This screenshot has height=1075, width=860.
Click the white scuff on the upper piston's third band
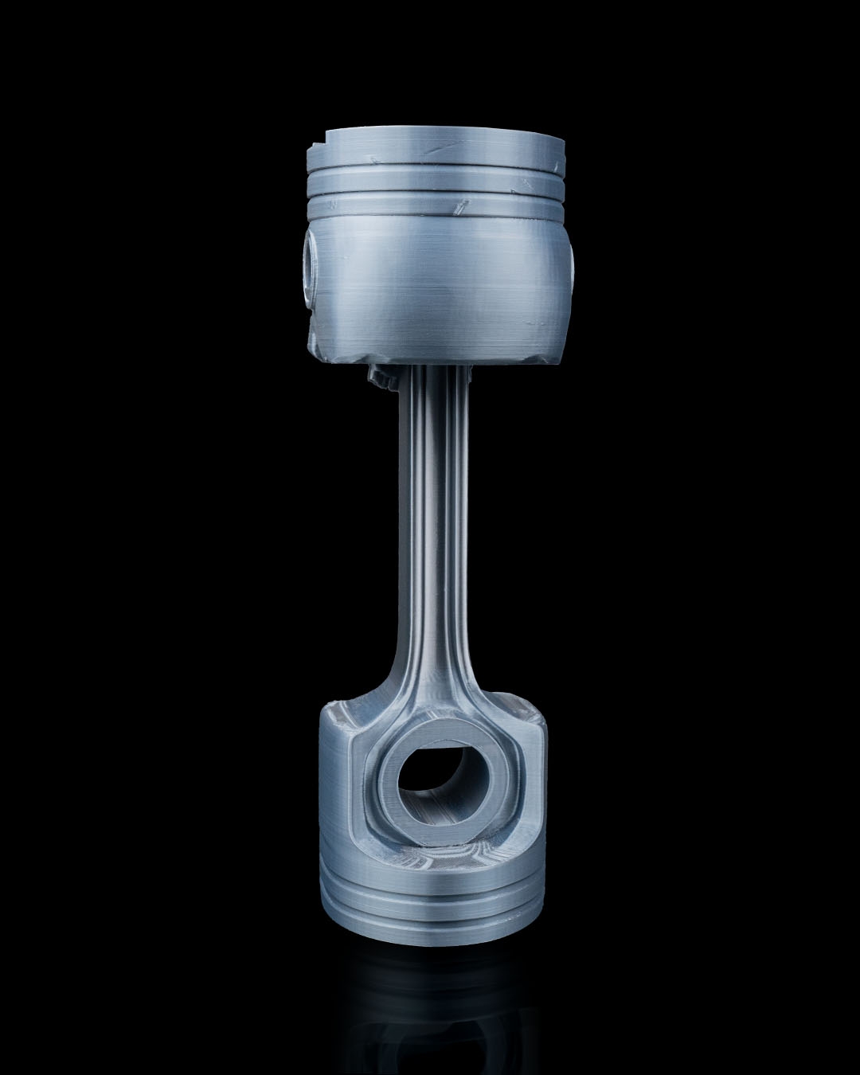coord(460,209)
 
